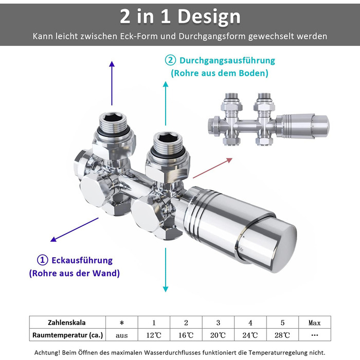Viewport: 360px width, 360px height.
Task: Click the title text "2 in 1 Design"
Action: (180, 16)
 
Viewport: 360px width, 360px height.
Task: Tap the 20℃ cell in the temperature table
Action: (218, 335)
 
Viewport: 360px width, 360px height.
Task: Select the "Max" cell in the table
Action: (315, 322)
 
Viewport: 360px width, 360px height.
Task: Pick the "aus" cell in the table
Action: (122, 335)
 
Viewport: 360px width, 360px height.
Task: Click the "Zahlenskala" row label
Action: (66, 322)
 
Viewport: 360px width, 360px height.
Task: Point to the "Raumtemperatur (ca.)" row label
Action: (67, 335)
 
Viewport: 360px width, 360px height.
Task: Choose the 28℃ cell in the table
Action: (282, 335)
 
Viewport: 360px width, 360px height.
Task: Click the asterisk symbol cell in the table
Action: (122, 323)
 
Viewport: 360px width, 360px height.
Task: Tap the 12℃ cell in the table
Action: (154, 335)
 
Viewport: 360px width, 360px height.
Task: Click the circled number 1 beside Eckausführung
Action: (43, 260)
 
